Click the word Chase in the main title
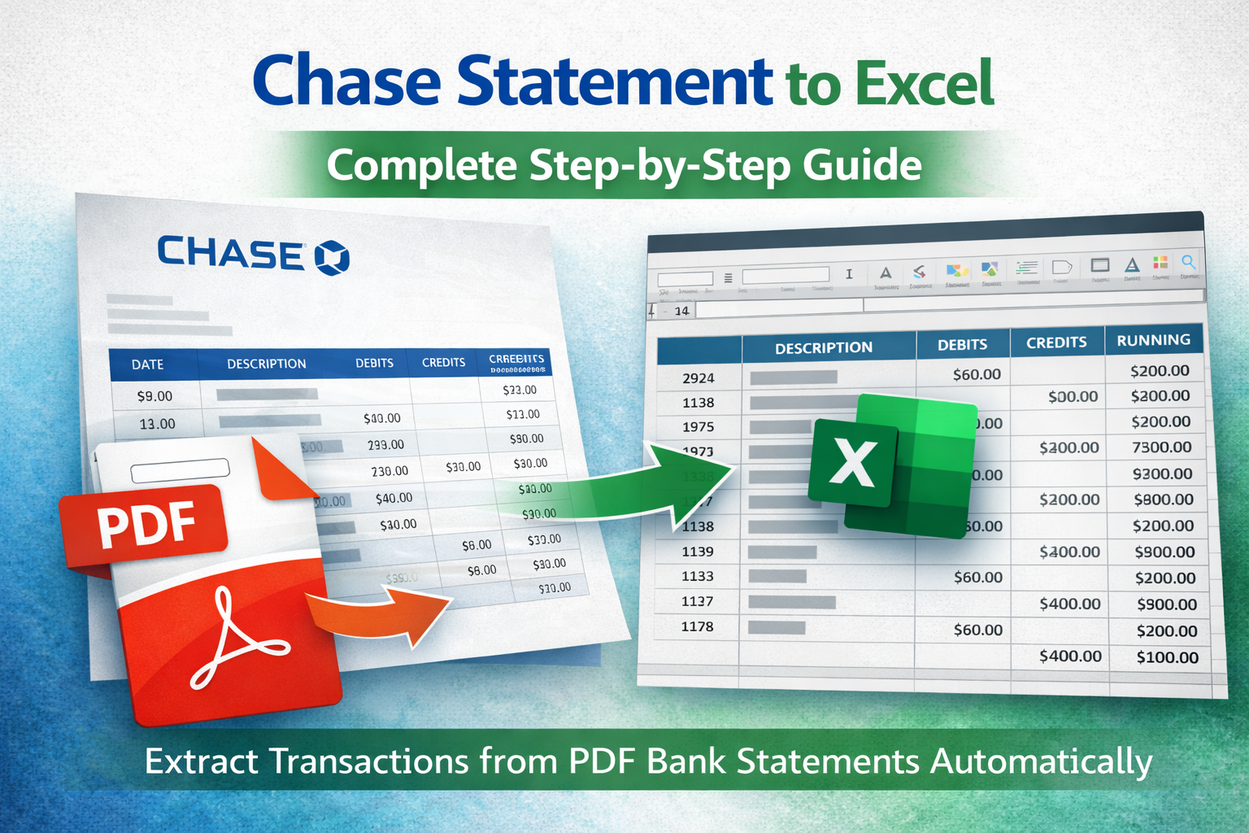[346, 82]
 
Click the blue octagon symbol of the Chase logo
[332, 257]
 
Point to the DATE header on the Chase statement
[147, 364]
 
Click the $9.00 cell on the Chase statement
[154, 396]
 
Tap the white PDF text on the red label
[146, 524]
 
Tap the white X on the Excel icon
[853, 462]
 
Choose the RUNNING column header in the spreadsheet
[1153, 340]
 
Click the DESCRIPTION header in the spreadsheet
[823, 348]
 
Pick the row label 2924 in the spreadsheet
[698, 378]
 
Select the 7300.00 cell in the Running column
[1162, 447]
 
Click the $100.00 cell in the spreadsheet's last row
[1167, 657]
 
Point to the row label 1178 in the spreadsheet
[697, 626]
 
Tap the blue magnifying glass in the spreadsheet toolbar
[1188, 262]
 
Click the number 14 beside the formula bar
[681, 311]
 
